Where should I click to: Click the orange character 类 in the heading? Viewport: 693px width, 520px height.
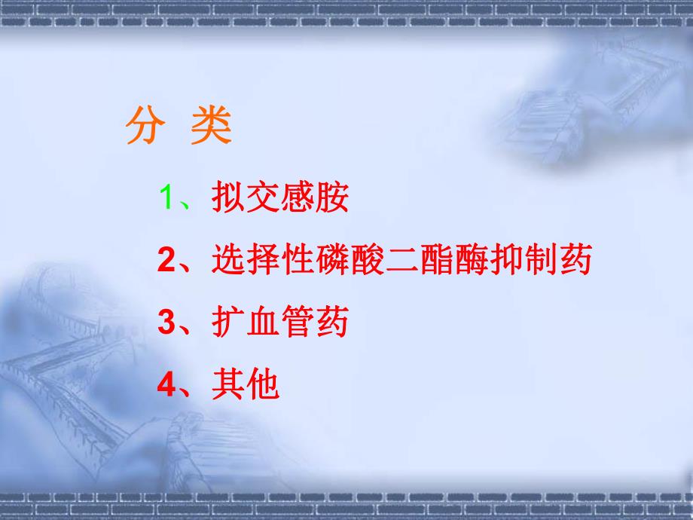[210, 127]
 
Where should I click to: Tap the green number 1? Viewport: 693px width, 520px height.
[166, 197]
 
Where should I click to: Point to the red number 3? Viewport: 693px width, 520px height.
[166, 323]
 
